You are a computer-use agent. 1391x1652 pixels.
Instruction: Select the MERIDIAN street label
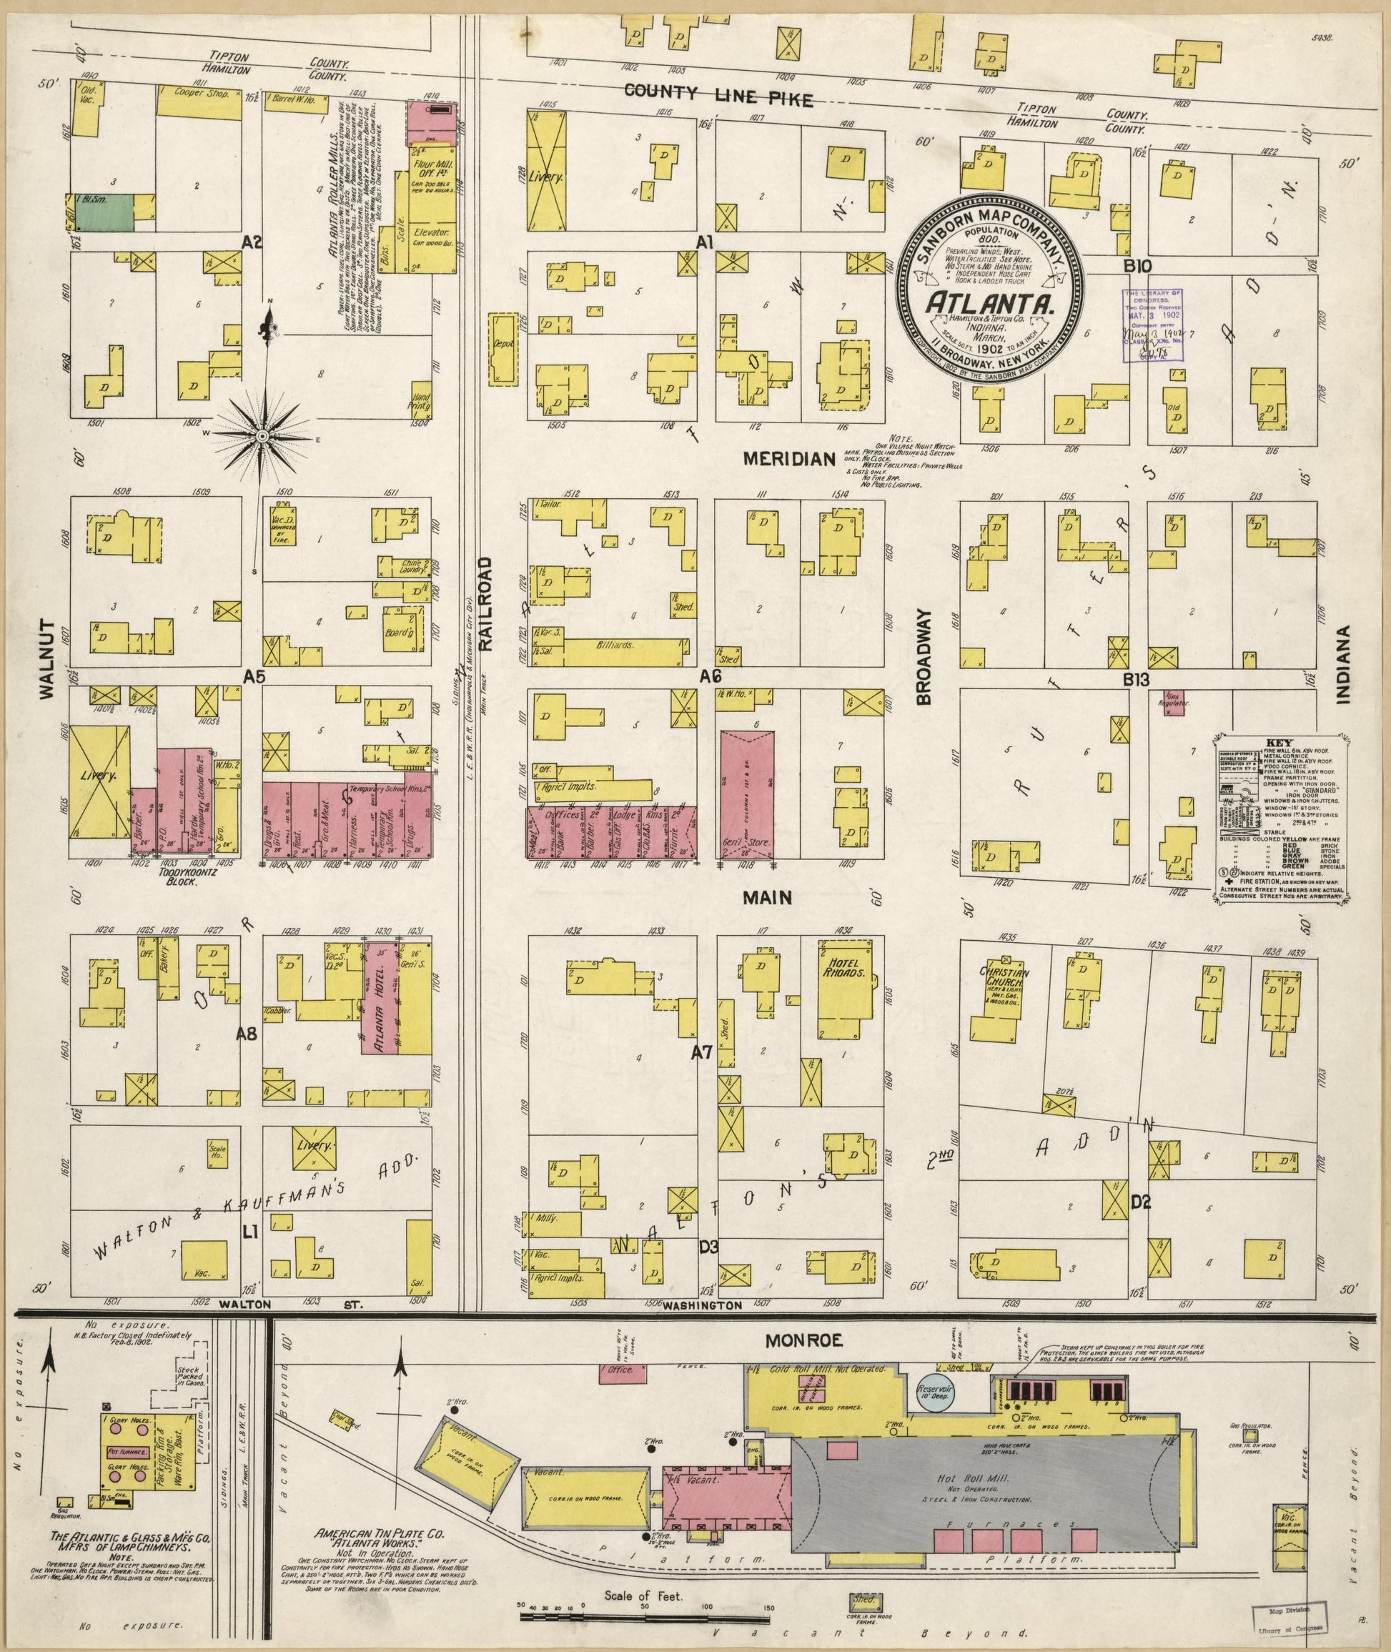[x=789, y=458]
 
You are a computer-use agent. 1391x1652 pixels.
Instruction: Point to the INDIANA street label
[x=1343, y=663]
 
